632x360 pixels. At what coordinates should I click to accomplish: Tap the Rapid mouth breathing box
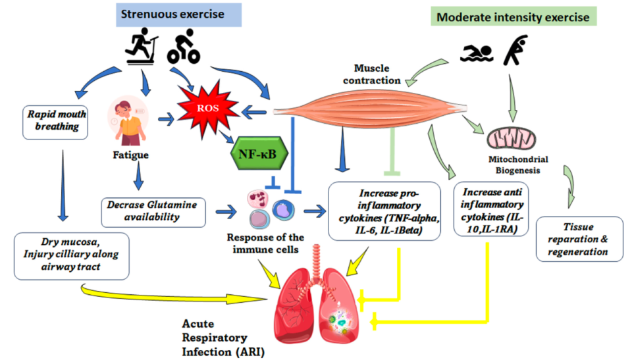(x=57, y=121)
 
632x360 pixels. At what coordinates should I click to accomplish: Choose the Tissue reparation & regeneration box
(x=579, y=238)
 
